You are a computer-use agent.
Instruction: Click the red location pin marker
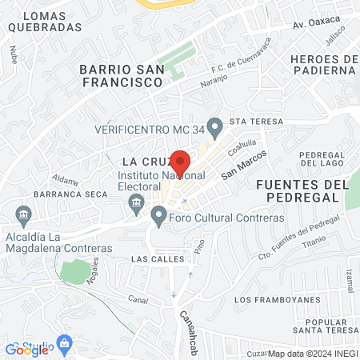[181, 162]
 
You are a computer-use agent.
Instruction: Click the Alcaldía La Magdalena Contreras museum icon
[22, 214]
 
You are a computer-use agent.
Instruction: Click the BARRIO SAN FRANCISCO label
[121, 76]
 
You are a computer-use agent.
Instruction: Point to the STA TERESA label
[246, 122]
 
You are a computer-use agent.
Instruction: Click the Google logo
[27, 349]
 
